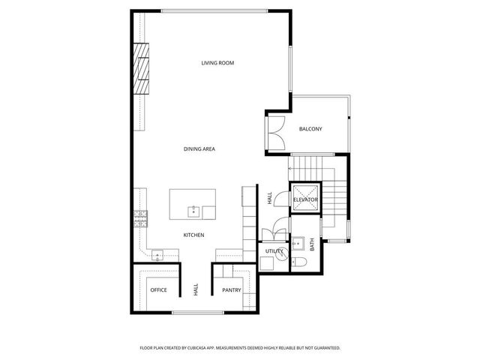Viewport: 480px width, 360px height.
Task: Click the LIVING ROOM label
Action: point(217,63)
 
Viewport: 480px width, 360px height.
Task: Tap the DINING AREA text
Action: point(199,149)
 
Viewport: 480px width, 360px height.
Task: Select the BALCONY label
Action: point(310,129)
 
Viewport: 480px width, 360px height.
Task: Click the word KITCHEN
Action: point(193,235)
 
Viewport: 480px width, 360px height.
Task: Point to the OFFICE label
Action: point(158,289)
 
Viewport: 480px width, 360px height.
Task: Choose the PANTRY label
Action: point(231,289)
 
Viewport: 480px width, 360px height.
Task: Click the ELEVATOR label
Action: point(305,200)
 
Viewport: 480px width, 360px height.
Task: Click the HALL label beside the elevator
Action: point(269,198)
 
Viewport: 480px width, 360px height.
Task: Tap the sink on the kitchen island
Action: point(193,208)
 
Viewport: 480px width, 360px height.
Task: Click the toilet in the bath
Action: point(298,262)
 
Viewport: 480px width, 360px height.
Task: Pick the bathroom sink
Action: point(297,244)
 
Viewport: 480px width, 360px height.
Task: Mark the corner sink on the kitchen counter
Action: point(158,256)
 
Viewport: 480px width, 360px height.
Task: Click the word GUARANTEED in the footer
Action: point(322,348)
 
